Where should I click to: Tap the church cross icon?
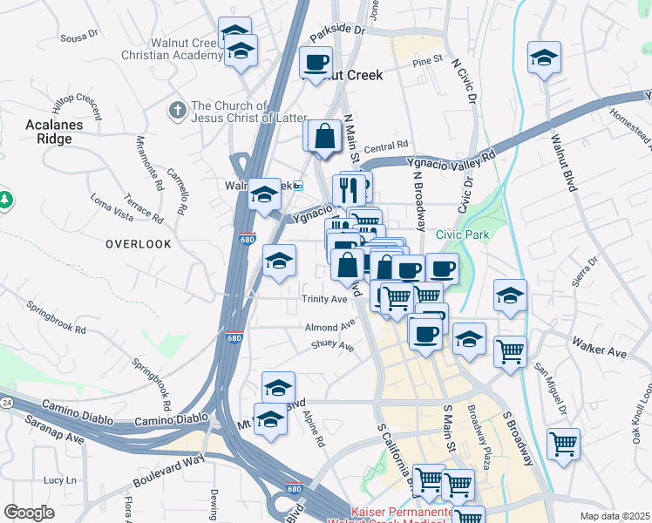(x=177, y=111)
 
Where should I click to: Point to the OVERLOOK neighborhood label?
(x=139, y=244)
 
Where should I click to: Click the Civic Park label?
(x=463, y=234)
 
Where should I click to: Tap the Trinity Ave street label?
(x=324, y=299)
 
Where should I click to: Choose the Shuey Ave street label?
(x=332, y=346)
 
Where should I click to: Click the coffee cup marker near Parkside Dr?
(x=316, y=62)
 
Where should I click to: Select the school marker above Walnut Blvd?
(x=544, y=58)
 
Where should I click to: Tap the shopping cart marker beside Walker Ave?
(x=510, y=352)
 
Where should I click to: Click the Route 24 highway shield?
(x=6, y=403)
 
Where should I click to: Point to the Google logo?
(x=30, y=512)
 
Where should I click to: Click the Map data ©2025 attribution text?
(x=615, y=516)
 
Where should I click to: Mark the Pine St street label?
(x=427, y=61)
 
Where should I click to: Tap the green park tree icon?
(x=6, y=200)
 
